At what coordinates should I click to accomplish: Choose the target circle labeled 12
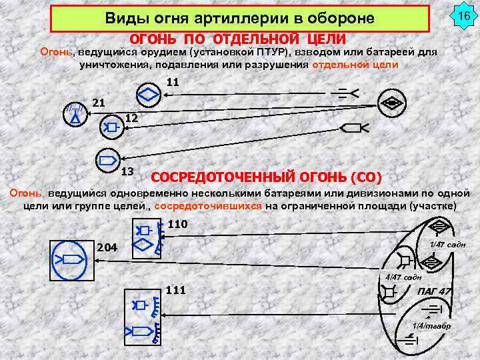109,126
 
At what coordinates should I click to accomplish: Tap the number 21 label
98,103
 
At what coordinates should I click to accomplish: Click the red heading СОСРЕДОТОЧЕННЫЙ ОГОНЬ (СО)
267,177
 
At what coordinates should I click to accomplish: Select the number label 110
177,224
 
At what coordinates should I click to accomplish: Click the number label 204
107,248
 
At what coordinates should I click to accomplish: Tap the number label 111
175,289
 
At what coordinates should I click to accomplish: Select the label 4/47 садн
404,277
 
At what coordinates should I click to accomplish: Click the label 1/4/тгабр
431,325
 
